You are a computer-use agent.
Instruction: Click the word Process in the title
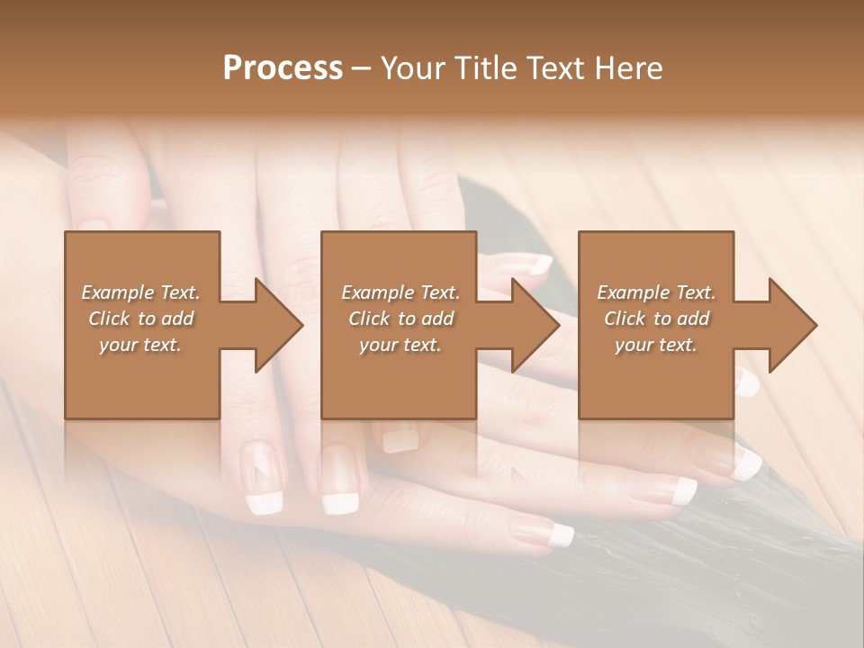coord(283,68)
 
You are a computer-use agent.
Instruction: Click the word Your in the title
coord(414,68)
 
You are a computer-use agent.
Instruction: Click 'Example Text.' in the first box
coord(140,292)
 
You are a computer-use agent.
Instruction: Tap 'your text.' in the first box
coord(140,345)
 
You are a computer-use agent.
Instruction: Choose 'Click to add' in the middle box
coord(400,319)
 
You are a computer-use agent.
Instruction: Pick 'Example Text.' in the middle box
coord(400,292)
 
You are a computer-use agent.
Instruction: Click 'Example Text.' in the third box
coord(656,292)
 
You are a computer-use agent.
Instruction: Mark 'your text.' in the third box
coord(656,345)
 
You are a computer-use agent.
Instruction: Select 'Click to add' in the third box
coord(656,319)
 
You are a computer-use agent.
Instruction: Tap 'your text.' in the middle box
coord(400,345)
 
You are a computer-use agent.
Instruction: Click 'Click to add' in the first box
coord(140,319)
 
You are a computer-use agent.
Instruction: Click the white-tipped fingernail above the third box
coord(540,265)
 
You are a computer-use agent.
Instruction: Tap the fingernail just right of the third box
coord(747,383)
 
